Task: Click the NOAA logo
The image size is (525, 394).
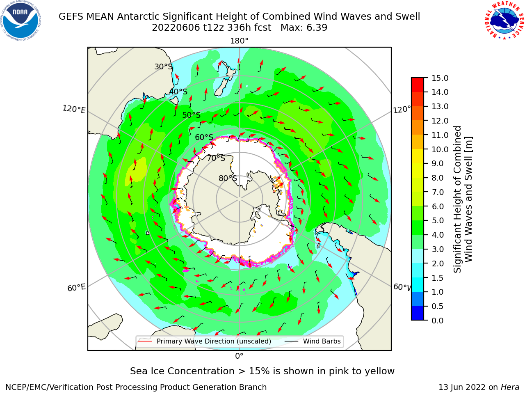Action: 21,21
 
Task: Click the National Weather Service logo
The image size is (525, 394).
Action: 504,21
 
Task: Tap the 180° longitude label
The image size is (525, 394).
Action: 239,41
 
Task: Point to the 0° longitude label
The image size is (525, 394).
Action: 239,356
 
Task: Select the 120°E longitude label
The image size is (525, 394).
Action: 74,109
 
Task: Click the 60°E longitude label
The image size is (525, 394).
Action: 76,288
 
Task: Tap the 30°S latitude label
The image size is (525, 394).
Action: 163,66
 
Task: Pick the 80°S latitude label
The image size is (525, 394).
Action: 228,178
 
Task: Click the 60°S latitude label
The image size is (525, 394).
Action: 204,137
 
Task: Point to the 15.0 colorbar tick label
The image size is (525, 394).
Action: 440,78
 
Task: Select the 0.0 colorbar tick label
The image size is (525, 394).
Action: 438,320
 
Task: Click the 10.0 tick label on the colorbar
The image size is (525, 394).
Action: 440,149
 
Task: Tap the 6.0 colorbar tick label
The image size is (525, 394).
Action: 438,206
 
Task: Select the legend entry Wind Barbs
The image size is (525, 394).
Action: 314,341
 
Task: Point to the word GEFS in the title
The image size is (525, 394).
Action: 71,16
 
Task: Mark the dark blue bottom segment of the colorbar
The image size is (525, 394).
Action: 418,313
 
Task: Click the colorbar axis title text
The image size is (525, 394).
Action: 463,199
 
